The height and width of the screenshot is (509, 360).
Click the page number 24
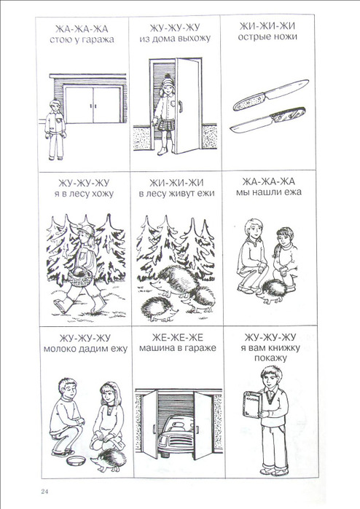pos(45,491)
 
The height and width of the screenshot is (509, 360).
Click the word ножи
pos(285,36)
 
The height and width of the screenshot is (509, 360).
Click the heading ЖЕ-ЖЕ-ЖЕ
pos(178,338)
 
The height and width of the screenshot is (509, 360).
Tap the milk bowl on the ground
pos(76,460)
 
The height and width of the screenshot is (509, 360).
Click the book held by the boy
pos(252,404)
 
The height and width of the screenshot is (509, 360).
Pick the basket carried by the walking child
pos(79,277)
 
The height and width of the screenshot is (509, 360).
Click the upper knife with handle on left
pos(270,95)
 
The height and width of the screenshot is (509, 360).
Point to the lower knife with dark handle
pos(267,119)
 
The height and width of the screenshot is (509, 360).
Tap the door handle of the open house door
pos(181,106)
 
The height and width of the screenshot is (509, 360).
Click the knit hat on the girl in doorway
pos(168,80)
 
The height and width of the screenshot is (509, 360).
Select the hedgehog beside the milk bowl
pos(109,460)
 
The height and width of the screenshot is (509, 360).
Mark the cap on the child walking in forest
pos(86,230)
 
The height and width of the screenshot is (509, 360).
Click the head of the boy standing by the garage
pos(55,105)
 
